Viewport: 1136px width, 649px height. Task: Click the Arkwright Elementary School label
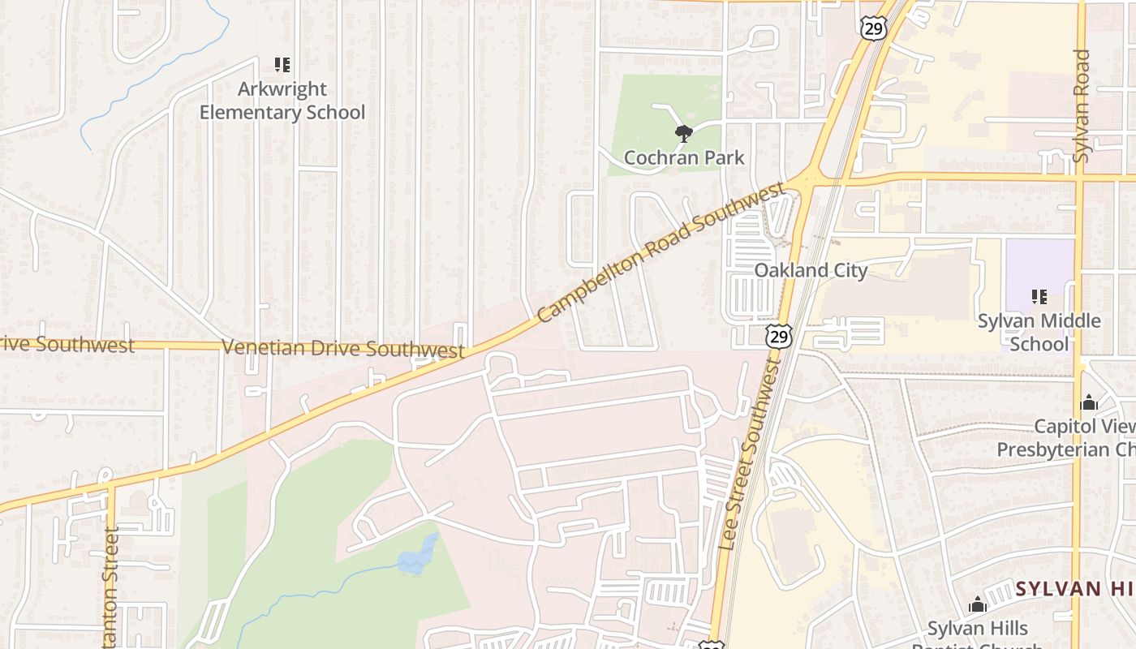click(282, 101)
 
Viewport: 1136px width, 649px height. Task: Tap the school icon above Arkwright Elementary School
click(282, 65)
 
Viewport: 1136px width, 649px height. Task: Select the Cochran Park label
click(684, 157)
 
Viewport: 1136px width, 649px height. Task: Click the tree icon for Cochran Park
click(684, 133)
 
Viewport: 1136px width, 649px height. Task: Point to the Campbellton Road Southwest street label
click(661, 251)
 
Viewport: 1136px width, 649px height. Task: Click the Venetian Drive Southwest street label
click(343, 349)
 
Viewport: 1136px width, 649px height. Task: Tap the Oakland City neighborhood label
click(811, 270)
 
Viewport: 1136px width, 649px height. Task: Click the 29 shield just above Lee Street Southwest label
click(778, 336)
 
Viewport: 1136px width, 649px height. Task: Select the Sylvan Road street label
click(1081, 105)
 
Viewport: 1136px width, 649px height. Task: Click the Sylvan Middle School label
click(1039, 332)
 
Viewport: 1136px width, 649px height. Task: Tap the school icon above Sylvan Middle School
click(1039, 297)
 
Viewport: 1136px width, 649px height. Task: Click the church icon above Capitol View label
click(1088, 402)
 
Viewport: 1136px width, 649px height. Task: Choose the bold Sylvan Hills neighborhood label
click(1075, 589)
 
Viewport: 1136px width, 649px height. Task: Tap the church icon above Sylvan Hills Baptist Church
click(978, 604)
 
